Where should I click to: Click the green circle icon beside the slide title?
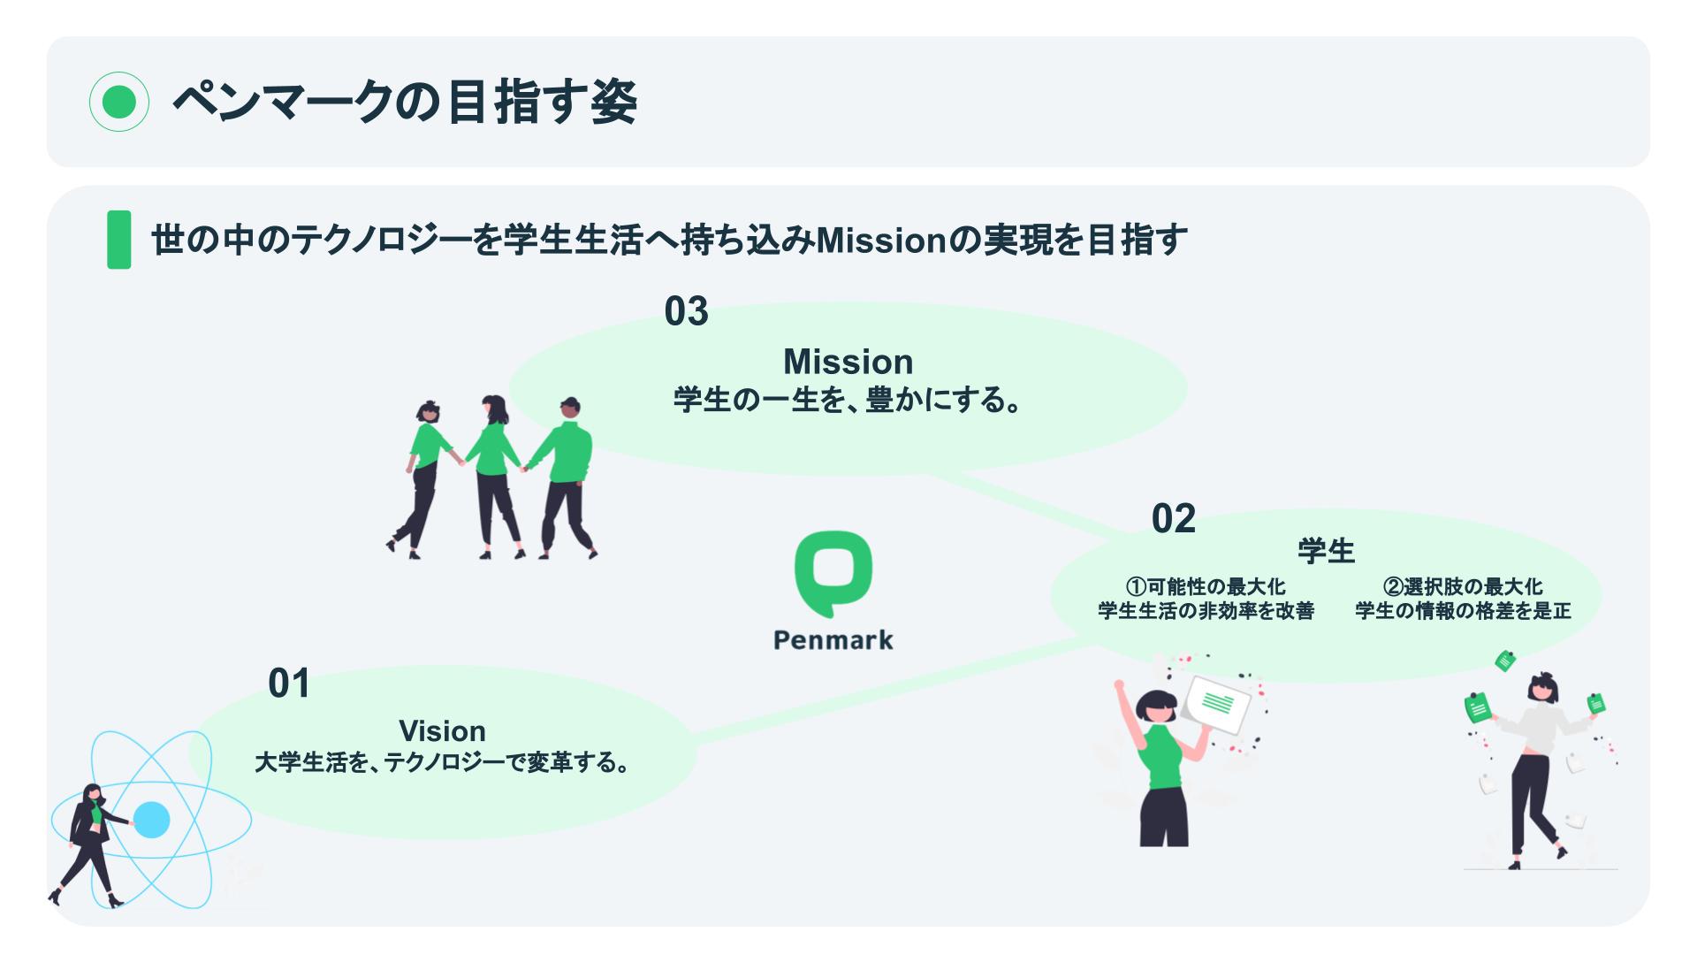119,102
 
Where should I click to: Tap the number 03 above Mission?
687,311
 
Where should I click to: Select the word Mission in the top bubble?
848,362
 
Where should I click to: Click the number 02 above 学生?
1173,518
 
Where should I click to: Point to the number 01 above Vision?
289,684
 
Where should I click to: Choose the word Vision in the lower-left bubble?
442,731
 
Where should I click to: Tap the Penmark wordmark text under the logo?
833,640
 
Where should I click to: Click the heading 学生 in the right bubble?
1326,551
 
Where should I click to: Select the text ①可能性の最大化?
1206,586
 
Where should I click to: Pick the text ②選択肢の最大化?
1463,586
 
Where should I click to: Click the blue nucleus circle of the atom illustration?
151,820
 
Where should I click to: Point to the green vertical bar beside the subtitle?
118,240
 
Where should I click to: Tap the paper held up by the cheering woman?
1217,704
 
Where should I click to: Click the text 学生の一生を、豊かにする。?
848,401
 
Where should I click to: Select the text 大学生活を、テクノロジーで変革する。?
442,762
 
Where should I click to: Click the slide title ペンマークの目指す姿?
404,103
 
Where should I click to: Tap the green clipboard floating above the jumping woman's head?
1505,661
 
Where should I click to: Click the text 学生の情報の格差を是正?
1463,611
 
